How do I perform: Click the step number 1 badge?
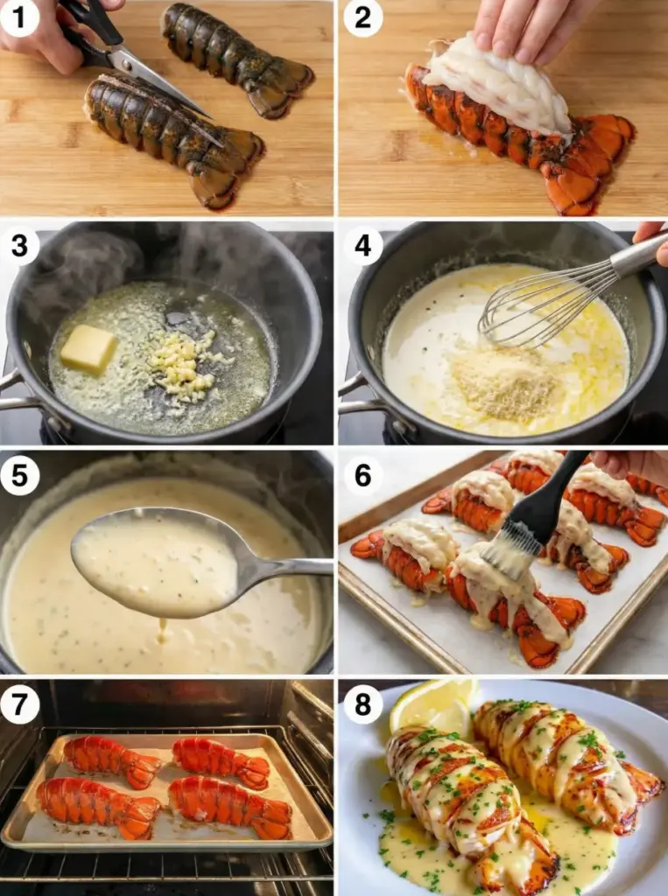pyautogui.click(x=19, y=17)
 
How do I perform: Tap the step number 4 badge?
pyautogui.click(x=362, y=246)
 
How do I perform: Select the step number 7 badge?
pyautogui.click(x=19, y=704)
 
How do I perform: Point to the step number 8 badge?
pyautogui.click(x=362, y=704)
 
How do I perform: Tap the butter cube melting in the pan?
pyautogui.click(x=88, y=348)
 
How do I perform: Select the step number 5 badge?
pyautogui.click(x=19, y=475)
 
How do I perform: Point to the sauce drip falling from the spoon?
pyautogui.click(x=163, y=630)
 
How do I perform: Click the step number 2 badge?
pyautogui.click(x=362, y=17)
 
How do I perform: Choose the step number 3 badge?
pyautogui.click(x=19, y=246)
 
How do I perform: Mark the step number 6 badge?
pyautogui.click(x=362, y=475)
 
